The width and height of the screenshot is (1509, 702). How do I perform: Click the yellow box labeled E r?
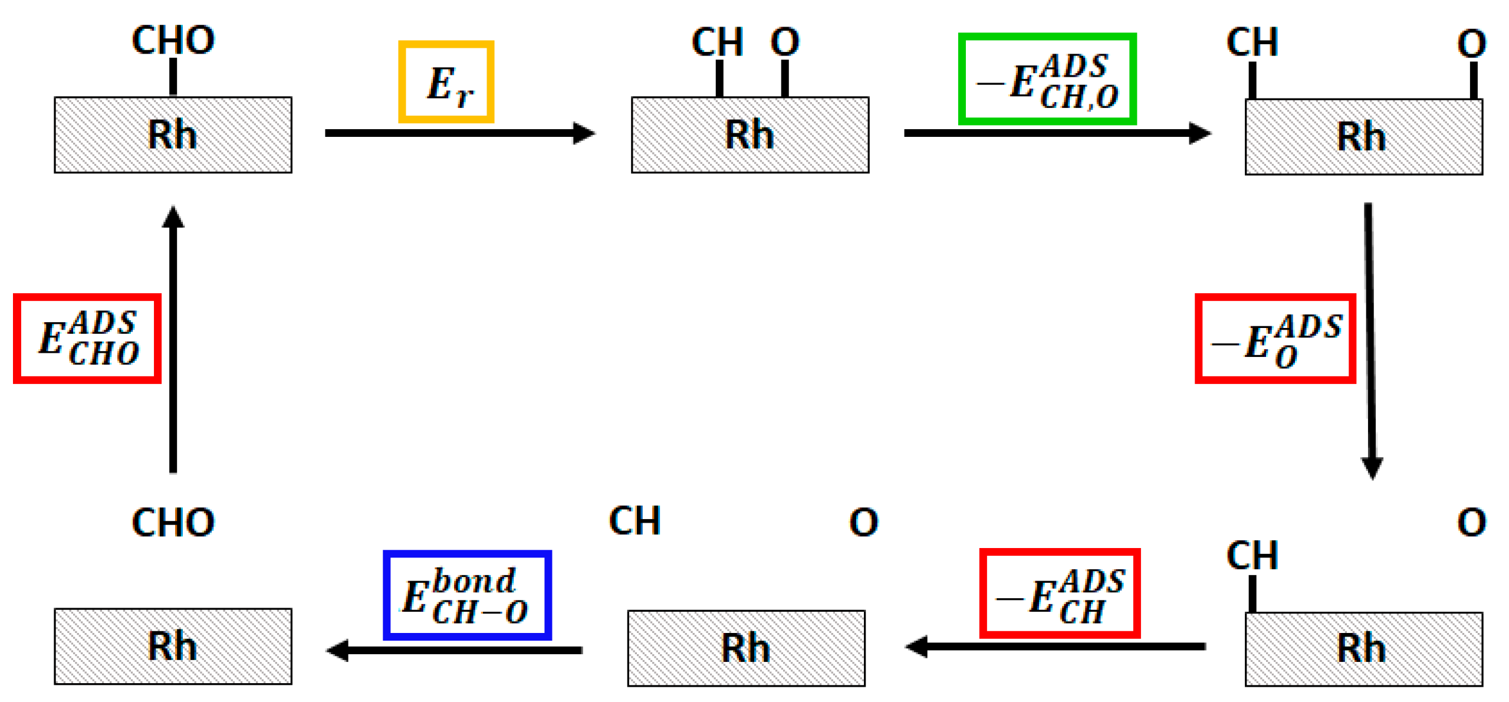pyautogui.click(x=446, y=81)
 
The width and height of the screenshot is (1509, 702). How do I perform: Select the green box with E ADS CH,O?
pyautogui.click(x=1047, y=79)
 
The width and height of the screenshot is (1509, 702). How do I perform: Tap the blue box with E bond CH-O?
pyautogui.click(x=467, y=595)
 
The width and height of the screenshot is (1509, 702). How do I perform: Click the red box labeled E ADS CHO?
pyautogui.click(x=87, y=338)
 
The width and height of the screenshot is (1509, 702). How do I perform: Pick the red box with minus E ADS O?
pyautogui.click(x=1275, y=338)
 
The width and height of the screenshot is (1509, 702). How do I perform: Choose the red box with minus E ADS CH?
pyautogui.click(x=1059, y=593)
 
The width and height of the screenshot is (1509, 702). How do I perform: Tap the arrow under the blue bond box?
pyautogui.click(x=454, y=649)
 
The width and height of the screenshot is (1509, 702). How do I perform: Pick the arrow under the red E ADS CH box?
pyautogui.click(x=1056, y=646)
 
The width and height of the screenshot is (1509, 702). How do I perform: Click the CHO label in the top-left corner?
pyautogui.click(x=173, y=40)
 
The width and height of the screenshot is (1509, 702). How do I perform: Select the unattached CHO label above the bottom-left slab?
pyautogui.click(x=173, y=522)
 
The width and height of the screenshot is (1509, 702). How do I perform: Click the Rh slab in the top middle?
pyautogui.click(x=749, y=135)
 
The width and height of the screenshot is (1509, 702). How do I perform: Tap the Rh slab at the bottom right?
pyautogui.click(x=1363, y=648)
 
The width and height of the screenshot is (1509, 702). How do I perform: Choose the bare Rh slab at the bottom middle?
pyautogui.click(x=746, y=648)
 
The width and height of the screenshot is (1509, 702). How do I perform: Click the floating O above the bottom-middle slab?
pyautogui.click(x=863, y=522)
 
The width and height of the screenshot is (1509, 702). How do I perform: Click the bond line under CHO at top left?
pyautogui.click(x=173, y=77)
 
